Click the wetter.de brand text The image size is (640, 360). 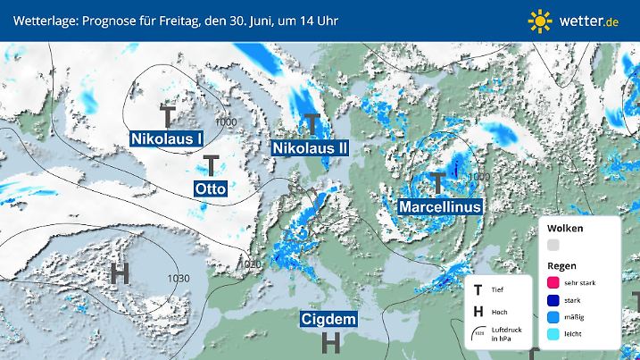pos(590,20)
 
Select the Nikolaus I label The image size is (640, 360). pos(167,138)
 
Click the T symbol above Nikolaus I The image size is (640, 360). pos(168,115)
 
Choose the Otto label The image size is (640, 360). pos(211,188)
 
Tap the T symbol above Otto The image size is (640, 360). pos(212,165)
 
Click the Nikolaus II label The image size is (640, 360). pos(310,147)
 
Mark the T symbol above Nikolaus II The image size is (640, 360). pos(312,122)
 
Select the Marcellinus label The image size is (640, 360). pos(440,205)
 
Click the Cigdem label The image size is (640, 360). pos(329,319)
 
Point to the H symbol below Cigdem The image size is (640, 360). pos(330,341)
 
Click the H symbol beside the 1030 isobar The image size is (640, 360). pos(119,273)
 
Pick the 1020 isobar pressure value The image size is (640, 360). pos(251,264)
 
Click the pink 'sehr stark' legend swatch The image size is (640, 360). pos(553,282)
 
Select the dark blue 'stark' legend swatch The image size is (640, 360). pos(553,301)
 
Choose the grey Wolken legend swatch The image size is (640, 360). pos(553,244)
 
